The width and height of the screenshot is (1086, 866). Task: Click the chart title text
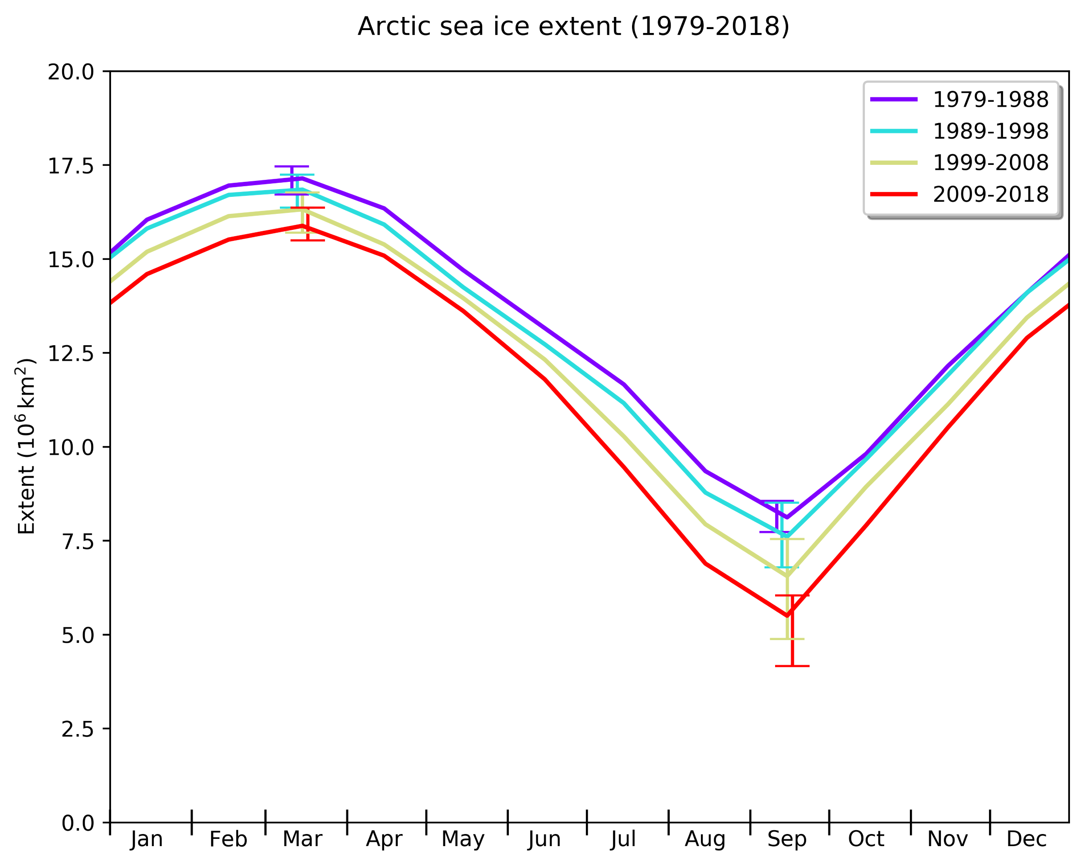(x=573, y=27)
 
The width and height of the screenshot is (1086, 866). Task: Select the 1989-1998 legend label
(x=990, y=131)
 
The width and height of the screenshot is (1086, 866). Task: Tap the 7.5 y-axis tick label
(x=78, y=542)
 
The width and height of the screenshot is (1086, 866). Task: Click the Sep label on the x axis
(x=787, y=839)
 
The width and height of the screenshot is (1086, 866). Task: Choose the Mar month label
(x=302, y=839)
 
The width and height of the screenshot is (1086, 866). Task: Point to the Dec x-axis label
(x=1026, y=839)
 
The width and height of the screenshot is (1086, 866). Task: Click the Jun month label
(x=545, y=839)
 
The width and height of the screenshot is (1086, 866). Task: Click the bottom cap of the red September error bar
(x=793, y=666)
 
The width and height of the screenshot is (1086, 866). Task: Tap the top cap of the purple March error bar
(x=292, y=166)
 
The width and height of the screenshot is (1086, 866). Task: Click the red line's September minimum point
(x=787, y=615)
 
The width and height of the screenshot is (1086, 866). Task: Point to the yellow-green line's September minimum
(x=787, y=576)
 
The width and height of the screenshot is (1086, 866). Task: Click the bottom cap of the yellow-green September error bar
(x=787, y=639)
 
